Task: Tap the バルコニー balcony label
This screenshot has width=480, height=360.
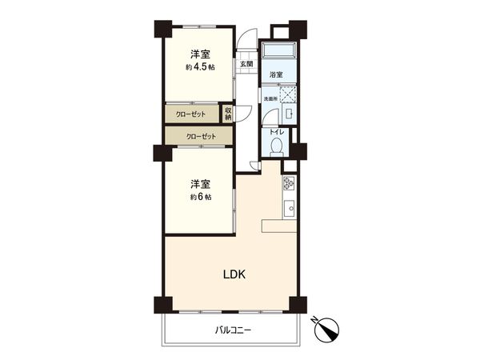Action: (x=233, y=330)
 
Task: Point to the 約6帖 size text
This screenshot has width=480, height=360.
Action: (x=200, y=196)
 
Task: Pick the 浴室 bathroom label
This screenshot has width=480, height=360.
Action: (x=275, y=74)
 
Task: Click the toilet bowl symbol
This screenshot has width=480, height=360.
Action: (x=277, y=146)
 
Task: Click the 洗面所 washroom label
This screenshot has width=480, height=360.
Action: (x=270, y=98)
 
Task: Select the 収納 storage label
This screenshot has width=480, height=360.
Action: (x=228, y=114)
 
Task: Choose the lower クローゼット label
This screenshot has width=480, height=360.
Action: (x=200, y=137)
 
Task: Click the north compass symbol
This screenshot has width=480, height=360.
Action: (x=330, y=328)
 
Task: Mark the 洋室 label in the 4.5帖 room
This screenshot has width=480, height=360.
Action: (x=200, y=54)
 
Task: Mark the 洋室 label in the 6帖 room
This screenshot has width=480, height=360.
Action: (x=200, y=183)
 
